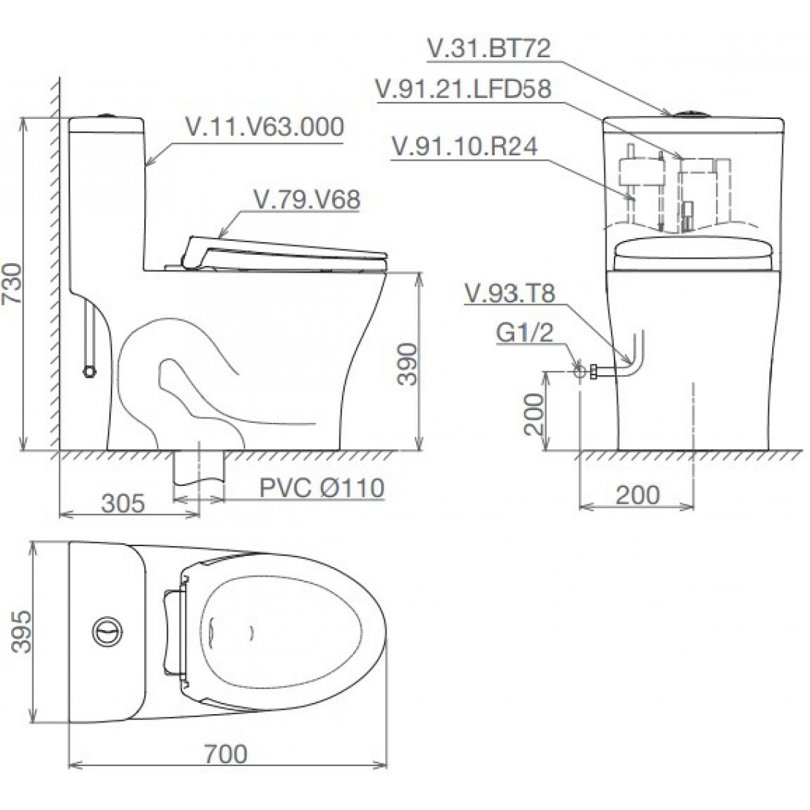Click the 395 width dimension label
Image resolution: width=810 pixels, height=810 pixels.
coord(23,632)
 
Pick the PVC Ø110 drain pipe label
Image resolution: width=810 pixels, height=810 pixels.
coord(321,488)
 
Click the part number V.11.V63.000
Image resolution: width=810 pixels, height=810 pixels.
coord(264,127)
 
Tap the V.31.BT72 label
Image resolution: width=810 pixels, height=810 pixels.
coord(488,49)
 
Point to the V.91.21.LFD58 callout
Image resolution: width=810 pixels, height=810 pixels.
coord(464,90)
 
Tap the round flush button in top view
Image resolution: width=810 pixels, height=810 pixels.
coord(105,632)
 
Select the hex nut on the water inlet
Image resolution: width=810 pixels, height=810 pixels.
coord(594,370)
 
